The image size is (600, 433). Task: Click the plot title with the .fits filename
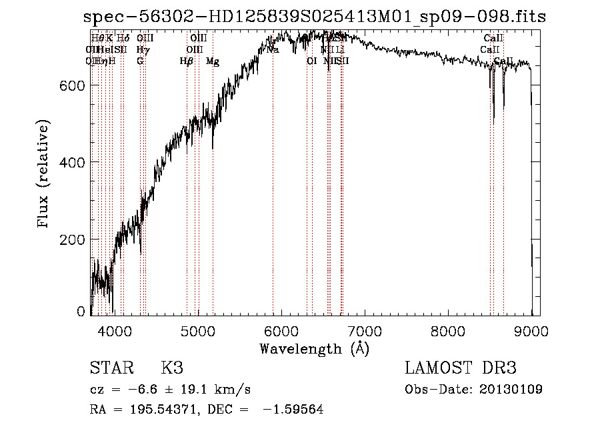pos(315,17)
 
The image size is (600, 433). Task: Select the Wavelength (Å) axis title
pos(314,348)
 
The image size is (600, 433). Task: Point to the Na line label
pos(273,50)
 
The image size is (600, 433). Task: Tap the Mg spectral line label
pos(213,61)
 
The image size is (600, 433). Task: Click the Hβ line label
pos(187,61)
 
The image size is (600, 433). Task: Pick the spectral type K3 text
pos(172,368)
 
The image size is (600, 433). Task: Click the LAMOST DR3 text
pos(461,368)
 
